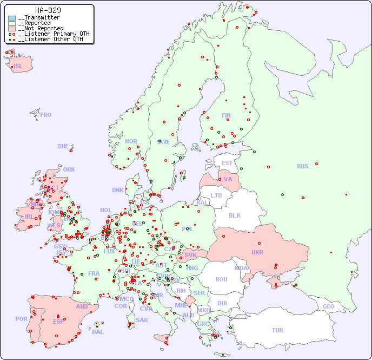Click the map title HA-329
point(48,10)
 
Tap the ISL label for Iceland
point(18,67)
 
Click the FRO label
point(46,115)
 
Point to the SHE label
point(63,146)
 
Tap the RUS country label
point(302,166)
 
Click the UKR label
point(257,252)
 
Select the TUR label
point(277,330)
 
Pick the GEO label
point(328,306)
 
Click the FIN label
point(226,115)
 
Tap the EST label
point(227,163)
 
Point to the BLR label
point(235,215)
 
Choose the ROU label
point(221,279)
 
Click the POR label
point(21,319)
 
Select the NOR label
point(131,141)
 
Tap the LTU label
point(216,195)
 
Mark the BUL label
point(223,303)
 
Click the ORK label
point(69,169)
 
